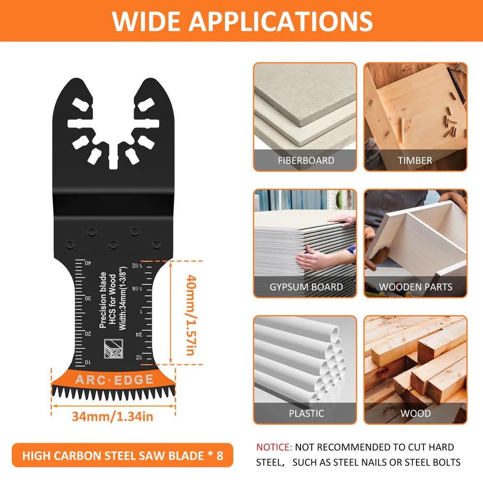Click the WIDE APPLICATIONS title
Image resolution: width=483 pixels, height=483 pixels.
pyautogui.click(x=242, y=21)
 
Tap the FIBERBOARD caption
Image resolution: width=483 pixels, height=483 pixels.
pyautogui.click(x=306, y=160)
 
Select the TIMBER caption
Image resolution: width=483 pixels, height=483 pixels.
pyautogui.click(x=415, y=160)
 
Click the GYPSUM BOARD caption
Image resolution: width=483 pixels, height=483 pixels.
pyautogui.click(x=306, y=287)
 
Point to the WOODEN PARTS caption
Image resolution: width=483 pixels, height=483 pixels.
pyautogui.click(x=416, y=287)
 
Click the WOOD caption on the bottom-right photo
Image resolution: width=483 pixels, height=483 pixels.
pyautogui.click(x=416, y=414)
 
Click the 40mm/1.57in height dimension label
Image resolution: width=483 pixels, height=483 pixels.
pyautogui.click(x=190, y=315)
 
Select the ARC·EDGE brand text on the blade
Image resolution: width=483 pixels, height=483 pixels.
pyautogui.click(x=114, y=380)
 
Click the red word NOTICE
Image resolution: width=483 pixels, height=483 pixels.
pyautogui.click(x=274, y=447)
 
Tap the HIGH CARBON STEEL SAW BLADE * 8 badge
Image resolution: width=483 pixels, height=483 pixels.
pyautogui.click(x=122, y=456)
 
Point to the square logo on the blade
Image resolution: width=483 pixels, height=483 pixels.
pyautogui.click(x=112, y=349)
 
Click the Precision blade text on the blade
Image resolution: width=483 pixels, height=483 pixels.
pyautogui.click(x=103, y=300)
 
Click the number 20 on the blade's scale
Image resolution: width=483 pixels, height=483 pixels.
pyautogui.click(x=88, y=333)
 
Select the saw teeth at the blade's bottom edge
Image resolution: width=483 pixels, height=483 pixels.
pyautogui.click(x=113, y=393)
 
